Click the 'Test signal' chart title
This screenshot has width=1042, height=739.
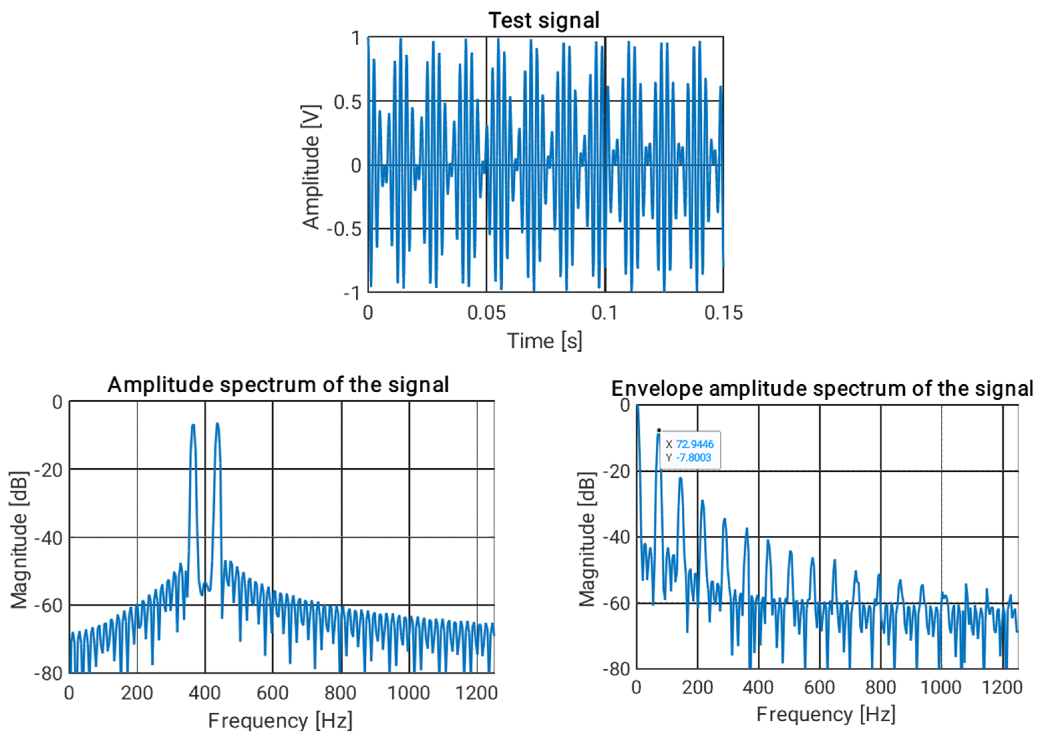(544, 20)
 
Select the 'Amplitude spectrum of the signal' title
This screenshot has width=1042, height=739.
(278, 385)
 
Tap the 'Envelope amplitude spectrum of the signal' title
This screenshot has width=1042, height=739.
(822, 389)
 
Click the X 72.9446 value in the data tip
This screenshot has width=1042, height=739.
(695, 444)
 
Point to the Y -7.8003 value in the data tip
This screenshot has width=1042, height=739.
(693, 457)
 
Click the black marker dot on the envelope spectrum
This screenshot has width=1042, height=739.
(659, 430)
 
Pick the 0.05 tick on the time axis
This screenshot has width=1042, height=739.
(486, 313)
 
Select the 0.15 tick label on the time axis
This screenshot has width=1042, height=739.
(723, 313)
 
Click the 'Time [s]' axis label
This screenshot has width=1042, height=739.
(545, 341)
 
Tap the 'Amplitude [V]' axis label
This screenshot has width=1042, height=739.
(311, 166)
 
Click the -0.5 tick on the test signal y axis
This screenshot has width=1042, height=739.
(344, 229)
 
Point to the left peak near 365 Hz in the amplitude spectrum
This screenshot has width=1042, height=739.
(193, 425)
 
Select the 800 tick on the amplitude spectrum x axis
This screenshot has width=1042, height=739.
(340, 693)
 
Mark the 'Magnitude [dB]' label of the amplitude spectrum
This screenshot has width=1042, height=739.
(19, 540)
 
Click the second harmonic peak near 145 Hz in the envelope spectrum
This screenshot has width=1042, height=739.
(680, 479)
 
